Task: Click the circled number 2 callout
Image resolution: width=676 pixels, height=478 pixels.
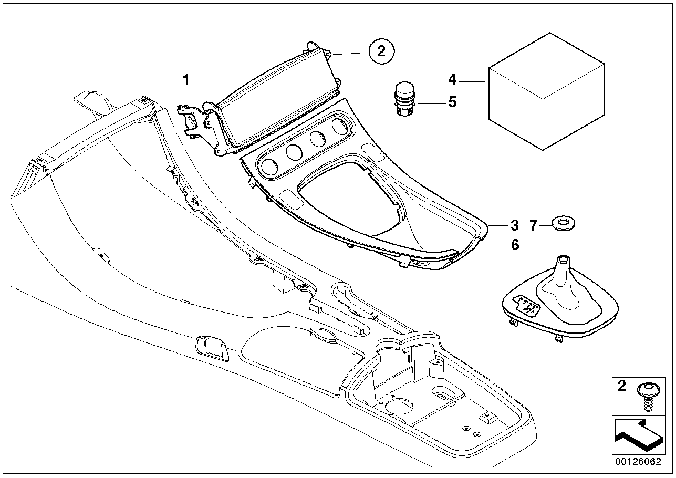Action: pos(381,51)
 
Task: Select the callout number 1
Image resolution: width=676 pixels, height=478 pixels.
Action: pos(185,80)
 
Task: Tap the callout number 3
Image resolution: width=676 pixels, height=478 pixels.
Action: pos(514,225)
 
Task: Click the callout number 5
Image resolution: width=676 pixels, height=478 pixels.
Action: pos(452,101)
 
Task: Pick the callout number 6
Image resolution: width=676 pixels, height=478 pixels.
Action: pos(515,244)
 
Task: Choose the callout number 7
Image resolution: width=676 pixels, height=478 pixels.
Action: pos(533,226)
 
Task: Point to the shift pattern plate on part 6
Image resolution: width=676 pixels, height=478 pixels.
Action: pos(527,306)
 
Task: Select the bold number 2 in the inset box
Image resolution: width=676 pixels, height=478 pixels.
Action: pos(622,387)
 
